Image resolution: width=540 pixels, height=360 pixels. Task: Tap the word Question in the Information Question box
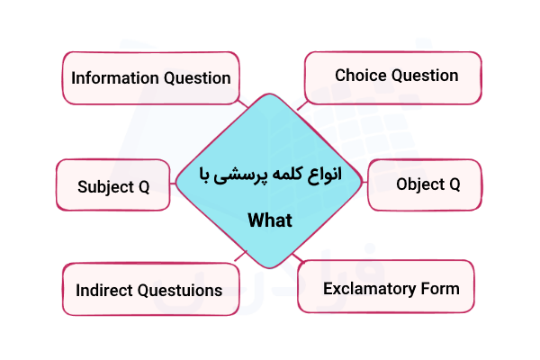(x=197, y=78)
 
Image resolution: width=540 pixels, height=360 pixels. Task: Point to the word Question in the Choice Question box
(x=424, y=76)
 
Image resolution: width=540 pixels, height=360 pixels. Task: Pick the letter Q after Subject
(x=143, y=187)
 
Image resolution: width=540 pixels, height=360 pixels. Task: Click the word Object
(x=420, y=184)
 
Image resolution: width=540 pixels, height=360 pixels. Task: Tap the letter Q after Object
(x=454, y=184)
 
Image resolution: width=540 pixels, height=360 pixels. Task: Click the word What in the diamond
(x=270, y=220)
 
